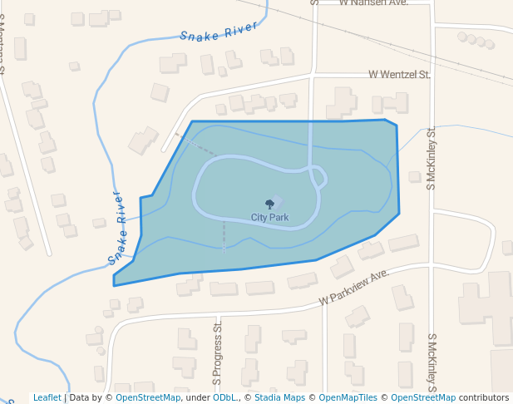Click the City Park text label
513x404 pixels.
click(x=270, y=218)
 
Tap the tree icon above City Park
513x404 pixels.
click(x=269, y=204)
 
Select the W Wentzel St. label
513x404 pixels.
click(x=400, y=75)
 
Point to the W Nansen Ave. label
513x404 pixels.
click(x=374, y=3)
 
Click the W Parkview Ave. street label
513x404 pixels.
click(x=356, y=288)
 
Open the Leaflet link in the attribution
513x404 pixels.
click(x=47, y=398)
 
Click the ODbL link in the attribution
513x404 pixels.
click(x=224, y=398)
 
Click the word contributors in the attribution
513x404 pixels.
click(x=484, y=398)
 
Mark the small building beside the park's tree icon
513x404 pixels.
click(x=278, y=200)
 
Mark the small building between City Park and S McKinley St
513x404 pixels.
click(x=415, y=175)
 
